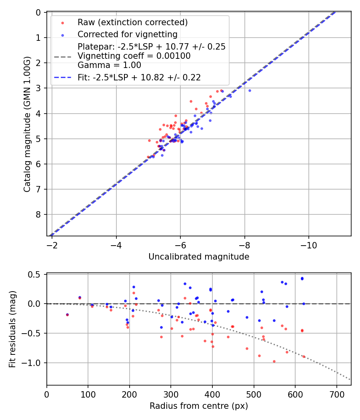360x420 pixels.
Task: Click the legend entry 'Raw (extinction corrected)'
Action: (x=132, y=22)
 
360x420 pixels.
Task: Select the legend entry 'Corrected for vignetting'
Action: (x=127, y=34)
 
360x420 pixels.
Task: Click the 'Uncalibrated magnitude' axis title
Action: (x=199, y=257)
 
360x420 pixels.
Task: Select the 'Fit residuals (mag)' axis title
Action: (x=12, y=330)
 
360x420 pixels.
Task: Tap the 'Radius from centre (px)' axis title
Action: (x=199, y=406)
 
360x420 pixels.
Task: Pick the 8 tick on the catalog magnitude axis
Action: (x=38, y=215)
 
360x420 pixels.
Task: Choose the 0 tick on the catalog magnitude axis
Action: (x=38, y=12)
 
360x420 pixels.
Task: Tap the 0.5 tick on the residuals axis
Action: (x=36, y=274)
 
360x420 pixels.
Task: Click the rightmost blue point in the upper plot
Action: (x=250, y=91)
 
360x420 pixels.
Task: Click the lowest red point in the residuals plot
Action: (x=274, y=361)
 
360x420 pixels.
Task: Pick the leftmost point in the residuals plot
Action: (x=67, y=315)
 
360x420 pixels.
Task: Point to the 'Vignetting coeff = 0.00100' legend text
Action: (x=134, y=56)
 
